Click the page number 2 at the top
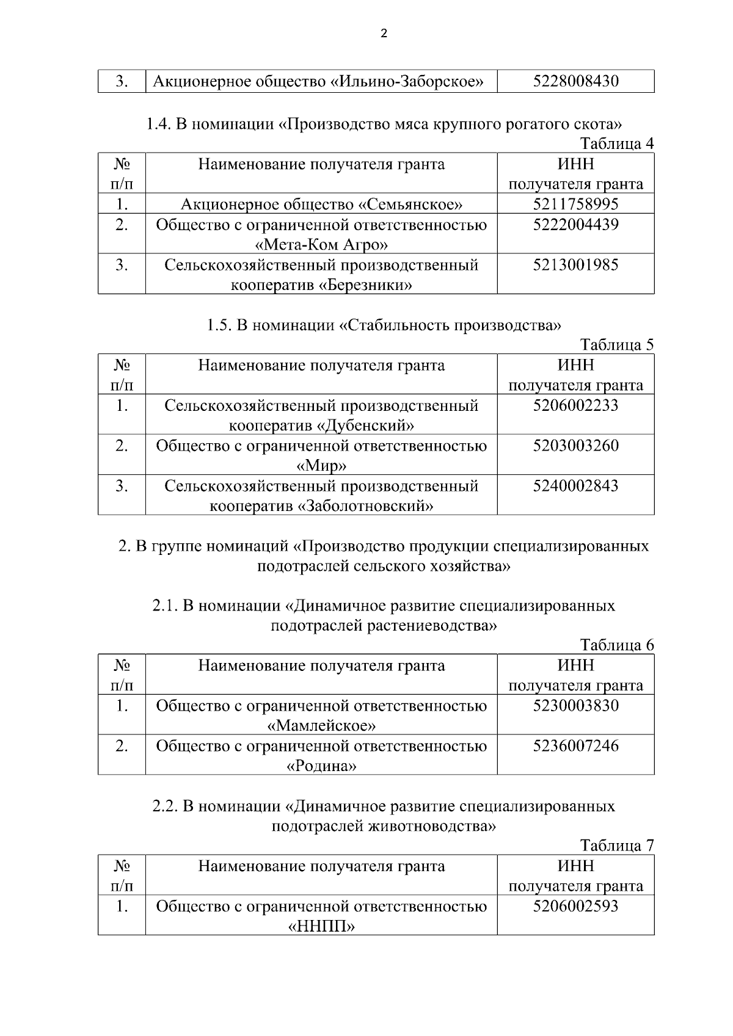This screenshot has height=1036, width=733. pos(384,34)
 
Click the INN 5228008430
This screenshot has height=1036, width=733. pos(575,81)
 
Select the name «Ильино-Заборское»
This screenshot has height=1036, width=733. pos(407,81)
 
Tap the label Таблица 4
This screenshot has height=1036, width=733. pos(616,143)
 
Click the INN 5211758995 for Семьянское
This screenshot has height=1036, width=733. pos(575,204)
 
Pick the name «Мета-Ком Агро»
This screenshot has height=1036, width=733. pos(321,245)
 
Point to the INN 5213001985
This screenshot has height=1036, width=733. pos(575,265)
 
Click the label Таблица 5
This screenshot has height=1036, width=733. pos(616,344)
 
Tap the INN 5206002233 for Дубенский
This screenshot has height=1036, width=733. pos(575,405)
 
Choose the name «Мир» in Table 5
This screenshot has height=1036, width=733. pos(321,466)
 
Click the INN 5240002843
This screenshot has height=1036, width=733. pos(575,486)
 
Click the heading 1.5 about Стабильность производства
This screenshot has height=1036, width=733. pos(384,325)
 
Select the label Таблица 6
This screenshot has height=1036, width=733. pos(616,645)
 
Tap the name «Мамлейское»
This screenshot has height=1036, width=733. pos(321,725)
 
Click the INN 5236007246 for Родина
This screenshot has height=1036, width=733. pos(575,745)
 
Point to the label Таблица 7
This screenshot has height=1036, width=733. pos(616,846)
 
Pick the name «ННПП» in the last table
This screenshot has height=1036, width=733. pos(321,926)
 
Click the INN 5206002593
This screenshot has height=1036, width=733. pos(575,906)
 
